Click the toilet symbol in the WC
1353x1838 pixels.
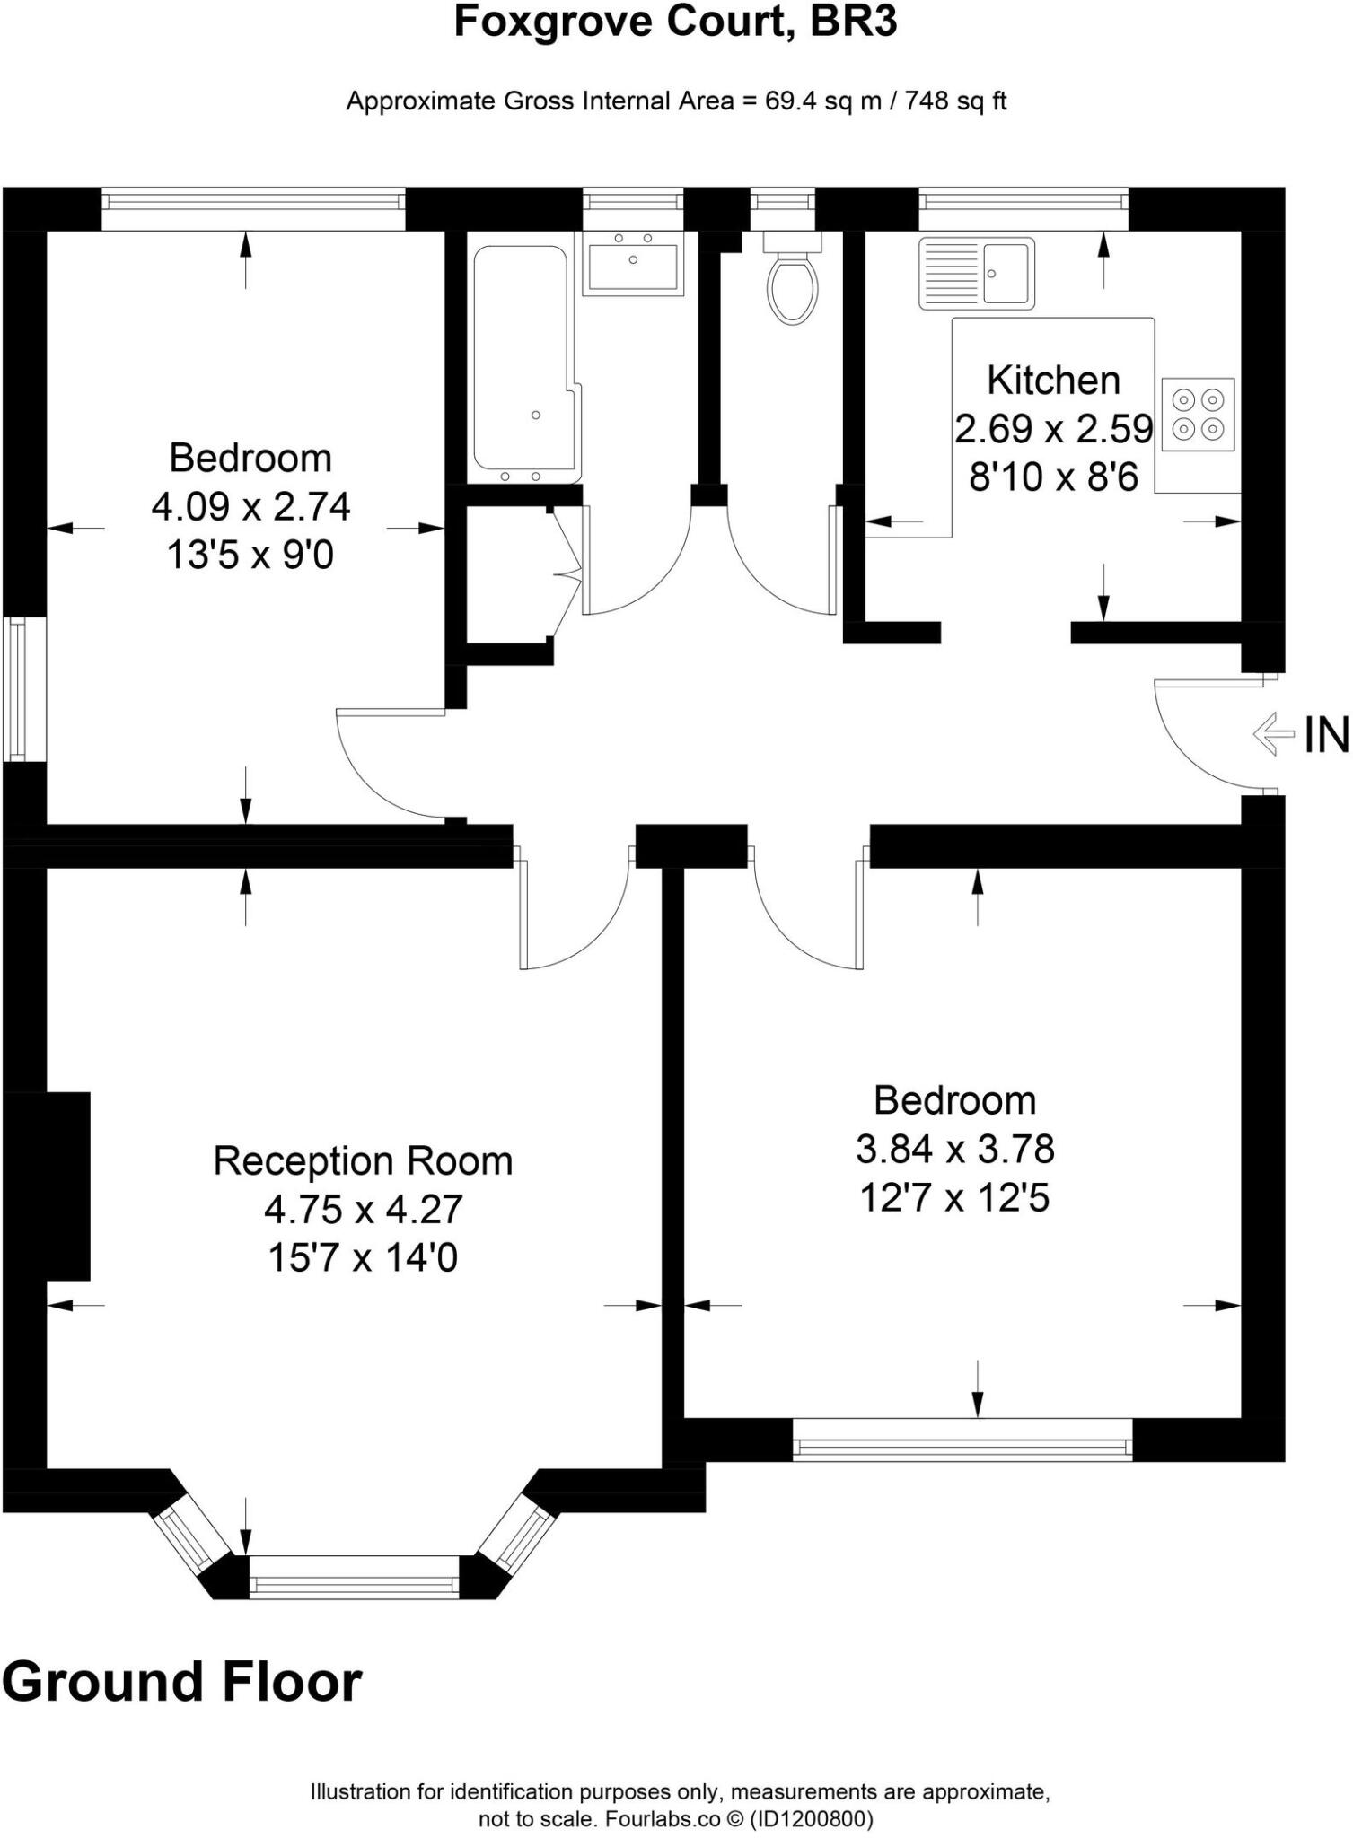tap(792, 285)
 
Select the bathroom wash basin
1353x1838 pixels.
tap(633, 262)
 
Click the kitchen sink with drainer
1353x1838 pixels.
tap(976, 273)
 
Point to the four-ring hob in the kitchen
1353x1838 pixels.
tap(1199, 414)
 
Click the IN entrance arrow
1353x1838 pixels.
tap(1273, 733)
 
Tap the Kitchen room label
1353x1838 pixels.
tap(1053, 381)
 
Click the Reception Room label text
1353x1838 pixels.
tap(363, 1161)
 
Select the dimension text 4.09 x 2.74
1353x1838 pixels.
tap(250, 507)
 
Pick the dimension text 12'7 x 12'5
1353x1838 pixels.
tap(954, 1197)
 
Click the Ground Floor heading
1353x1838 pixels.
tap(182, 1683)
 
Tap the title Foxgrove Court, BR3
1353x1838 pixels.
tap(675, 22)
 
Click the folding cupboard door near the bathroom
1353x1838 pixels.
tap(566, 573)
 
